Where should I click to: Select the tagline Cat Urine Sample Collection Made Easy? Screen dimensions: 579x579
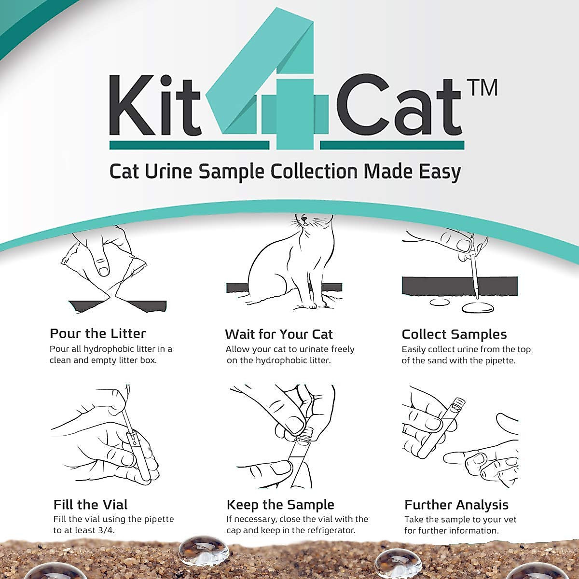pyautogui.click(x=285, y=172)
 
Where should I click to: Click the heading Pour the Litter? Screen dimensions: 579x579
pyautogui.click(x=97, y=333)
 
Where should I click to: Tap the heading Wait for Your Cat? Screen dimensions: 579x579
pyautogui.click(x=278, y=334)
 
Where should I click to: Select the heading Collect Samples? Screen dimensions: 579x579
pyautogui.click(x=454, y=334)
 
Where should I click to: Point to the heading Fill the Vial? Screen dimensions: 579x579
pyautogui.click(x=90, y=505)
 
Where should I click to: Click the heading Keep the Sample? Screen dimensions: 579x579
pyautogui.click(x=280, y=505)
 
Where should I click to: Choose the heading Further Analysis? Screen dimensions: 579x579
pyautogui.click(x=456, y=505)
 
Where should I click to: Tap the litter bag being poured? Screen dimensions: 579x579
pyautogui.click(x=104, y=270)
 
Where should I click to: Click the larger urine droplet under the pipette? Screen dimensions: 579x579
pyautogui.click(x=478, y=307)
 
